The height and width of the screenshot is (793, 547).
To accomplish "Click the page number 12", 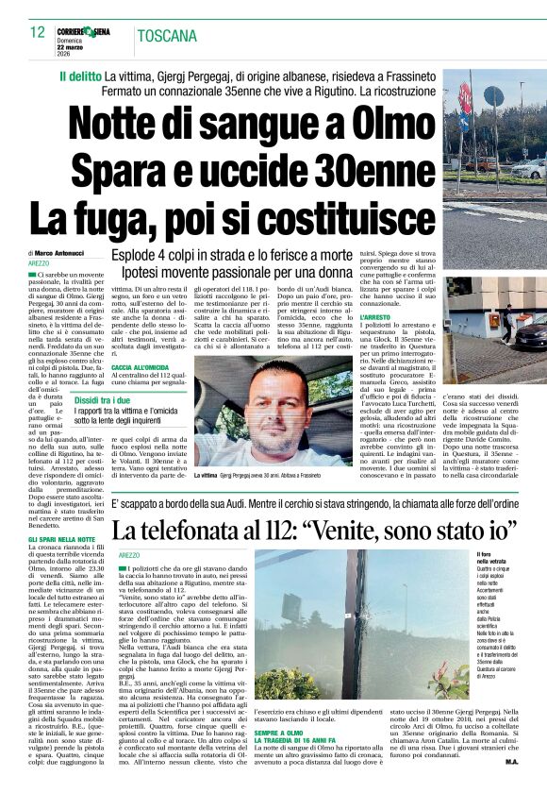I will [37, 31].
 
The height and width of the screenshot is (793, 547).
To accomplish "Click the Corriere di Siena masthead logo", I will [82, 31].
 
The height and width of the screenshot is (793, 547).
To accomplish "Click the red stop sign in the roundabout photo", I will [465, 94].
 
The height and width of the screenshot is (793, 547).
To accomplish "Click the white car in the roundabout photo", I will [525, 167].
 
